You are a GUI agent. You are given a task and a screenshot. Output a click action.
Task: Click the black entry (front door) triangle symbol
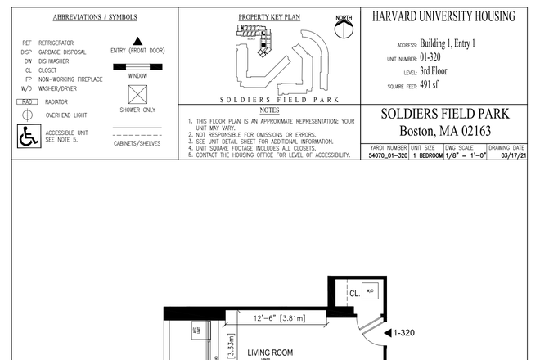[137, 40]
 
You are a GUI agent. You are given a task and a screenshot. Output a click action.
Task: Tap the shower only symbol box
[137, 93]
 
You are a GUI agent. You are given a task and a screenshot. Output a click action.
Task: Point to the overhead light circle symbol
[28, 115]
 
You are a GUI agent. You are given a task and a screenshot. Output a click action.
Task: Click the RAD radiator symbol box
[27, 101]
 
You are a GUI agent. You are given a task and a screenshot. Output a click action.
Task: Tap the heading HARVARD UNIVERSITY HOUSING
[443, 16]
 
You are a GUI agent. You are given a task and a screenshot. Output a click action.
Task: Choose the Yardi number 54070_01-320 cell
[388, 155]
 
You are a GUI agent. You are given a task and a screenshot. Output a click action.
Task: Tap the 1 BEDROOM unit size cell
[427, 155]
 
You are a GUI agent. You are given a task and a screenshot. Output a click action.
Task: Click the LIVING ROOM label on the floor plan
[270, 353]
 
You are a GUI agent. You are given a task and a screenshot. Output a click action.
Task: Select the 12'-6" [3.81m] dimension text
[274, 318]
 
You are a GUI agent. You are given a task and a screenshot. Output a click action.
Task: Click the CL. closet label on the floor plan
[354, 292]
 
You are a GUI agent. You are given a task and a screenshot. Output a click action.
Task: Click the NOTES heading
[269, 110]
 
